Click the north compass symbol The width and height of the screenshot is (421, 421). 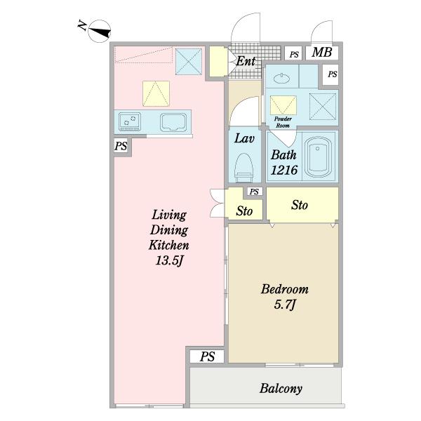[x=100, y=31]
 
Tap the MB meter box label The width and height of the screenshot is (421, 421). [x=321, y=52]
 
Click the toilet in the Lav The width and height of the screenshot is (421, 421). [x=244, y=168]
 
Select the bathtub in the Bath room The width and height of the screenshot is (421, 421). [x=319, y=156]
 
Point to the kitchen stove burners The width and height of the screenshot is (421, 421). [x=130, y=121]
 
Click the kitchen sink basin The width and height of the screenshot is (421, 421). [x=173, y=122]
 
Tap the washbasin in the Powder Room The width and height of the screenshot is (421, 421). [x=281, y=79]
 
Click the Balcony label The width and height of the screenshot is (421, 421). [x=281, y=389]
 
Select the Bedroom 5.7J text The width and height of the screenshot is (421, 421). [x=285, y=297]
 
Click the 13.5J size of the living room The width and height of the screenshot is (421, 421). [x=170, y=260]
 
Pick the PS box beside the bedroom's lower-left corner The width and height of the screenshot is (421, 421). [x=207, y=356]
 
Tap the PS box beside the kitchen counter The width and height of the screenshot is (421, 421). [x=121, y=146]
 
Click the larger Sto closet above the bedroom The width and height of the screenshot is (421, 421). [x=302, y=205]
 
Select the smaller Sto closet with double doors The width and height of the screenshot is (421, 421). [x=243, y=205]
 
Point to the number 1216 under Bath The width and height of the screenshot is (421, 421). [x=284, y=170]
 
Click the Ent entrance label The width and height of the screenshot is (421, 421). [x=246, y=61]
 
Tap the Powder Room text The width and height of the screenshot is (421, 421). [x=283, y=122]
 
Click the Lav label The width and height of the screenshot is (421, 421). [x=244, y=138]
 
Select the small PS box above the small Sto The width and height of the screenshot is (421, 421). [x=254, y=192]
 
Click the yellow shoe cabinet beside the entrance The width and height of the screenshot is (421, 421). [x=218, y=62]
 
